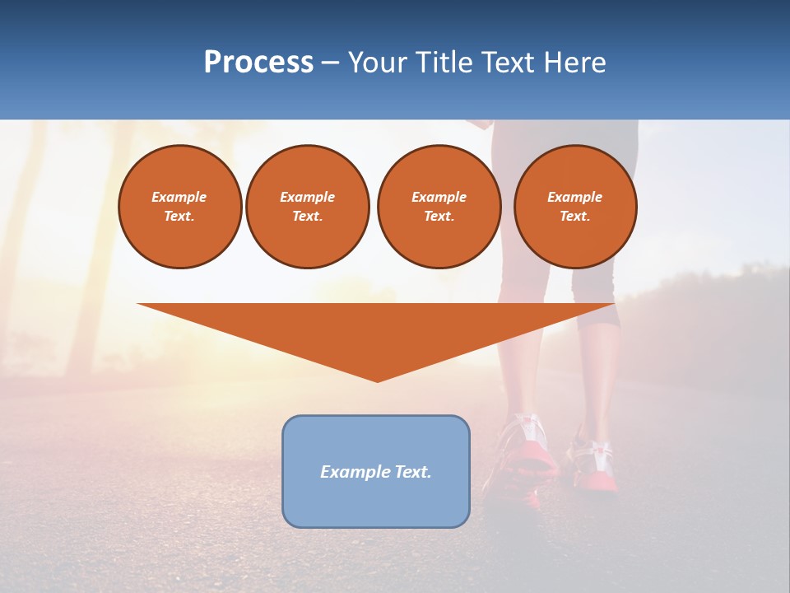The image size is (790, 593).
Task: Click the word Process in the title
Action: pyautogui.click(x=258, y=63)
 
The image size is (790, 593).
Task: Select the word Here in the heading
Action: pyautogui.click(x=575, y=63)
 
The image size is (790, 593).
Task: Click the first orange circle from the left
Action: pyautogui.click(x=180, y=207)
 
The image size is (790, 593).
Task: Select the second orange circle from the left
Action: pyautogui.click(x=308, y=207)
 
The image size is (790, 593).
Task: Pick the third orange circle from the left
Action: pyautogui.click(x=439, y=207)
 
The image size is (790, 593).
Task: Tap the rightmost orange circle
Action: pyautogui.click(x=575, y=207)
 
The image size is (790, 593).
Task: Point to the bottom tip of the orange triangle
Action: pyautogui.click(x=377, y=381)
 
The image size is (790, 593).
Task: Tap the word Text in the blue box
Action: pyautogui.click(x=412, y=472)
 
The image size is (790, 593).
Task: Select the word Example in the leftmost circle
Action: pyautogui.click(x=179, y=197)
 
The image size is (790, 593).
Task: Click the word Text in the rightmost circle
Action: pyautogui.click(x=574, y=217)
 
